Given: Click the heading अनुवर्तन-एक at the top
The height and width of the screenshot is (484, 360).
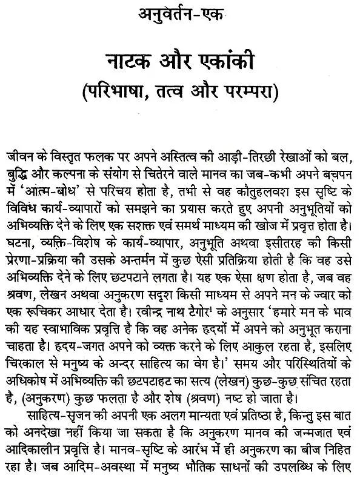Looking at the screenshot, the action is [180, 13].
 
